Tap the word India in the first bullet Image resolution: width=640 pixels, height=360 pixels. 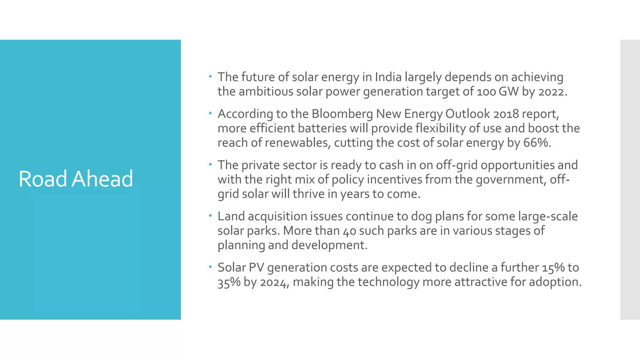pos(388,77)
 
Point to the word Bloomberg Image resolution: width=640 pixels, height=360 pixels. pos(342,114)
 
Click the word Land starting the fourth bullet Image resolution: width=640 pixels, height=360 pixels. pos(231,216)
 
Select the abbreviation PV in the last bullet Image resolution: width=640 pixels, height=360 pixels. pos(256,267)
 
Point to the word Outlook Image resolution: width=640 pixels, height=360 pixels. pos(467,114)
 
